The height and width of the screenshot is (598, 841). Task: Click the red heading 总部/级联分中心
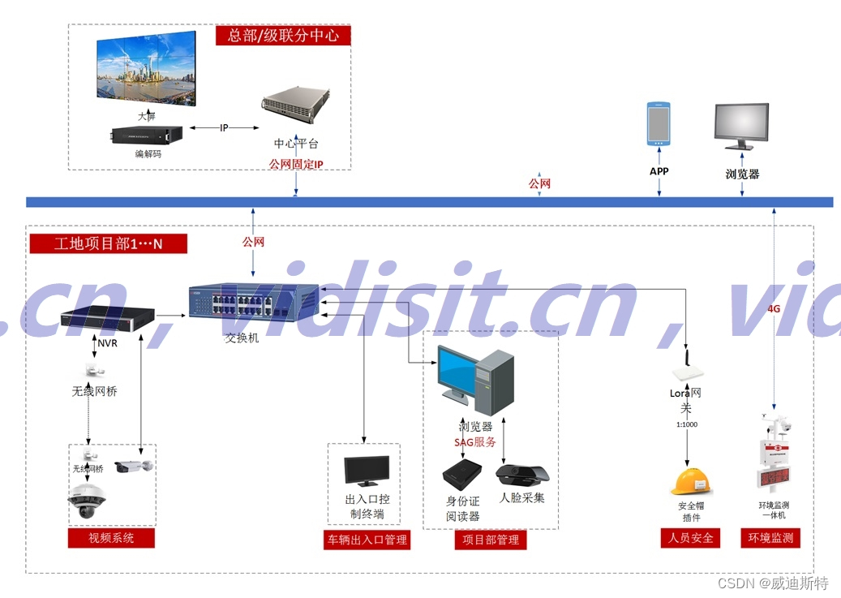[x=283, y=36]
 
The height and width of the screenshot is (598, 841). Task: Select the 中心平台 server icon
[x=296, y=112]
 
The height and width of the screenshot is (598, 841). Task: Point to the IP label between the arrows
[x=224, y=127]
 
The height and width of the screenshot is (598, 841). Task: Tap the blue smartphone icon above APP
[x=659, y=124]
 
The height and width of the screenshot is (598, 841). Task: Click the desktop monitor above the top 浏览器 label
[x=741, y=127]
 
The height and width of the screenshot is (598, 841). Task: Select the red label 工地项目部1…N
[x=109, y=243]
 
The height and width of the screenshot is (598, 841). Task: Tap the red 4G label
[x=774, y=308]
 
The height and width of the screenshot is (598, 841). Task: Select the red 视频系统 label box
[x=111, y=538]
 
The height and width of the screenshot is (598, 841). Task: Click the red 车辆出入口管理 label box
[x=367, y=540]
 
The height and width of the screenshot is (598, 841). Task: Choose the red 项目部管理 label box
[x=490, y=540]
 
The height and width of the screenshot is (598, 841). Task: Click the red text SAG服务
[x=475, y=442]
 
